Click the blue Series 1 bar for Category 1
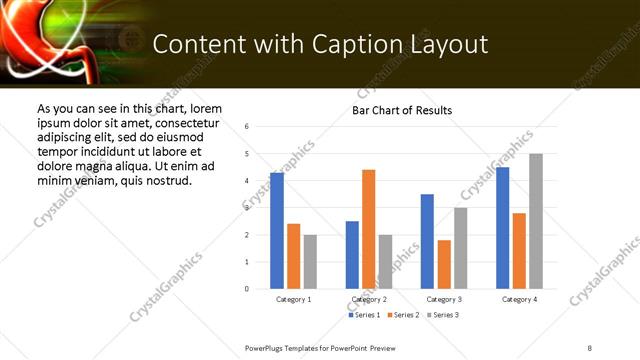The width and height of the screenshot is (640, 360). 277,231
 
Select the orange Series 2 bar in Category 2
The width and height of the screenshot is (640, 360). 368,229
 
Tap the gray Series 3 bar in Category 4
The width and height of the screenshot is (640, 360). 536,221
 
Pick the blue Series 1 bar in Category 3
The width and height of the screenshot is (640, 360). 427,241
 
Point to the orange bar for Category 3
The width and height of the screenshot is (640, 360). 444,264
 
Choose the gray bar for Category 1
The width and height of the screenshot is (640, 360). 310,262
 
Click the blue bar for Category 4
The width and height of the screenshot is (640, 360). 502,228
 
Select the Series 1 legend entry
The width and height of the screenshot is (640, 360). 365,315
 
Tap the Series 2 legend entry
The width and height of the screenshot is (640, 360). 403,315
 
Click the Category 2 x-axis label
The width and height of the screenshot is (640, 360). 370,299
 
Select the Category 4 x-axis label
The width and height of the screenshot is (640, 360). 519,299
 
